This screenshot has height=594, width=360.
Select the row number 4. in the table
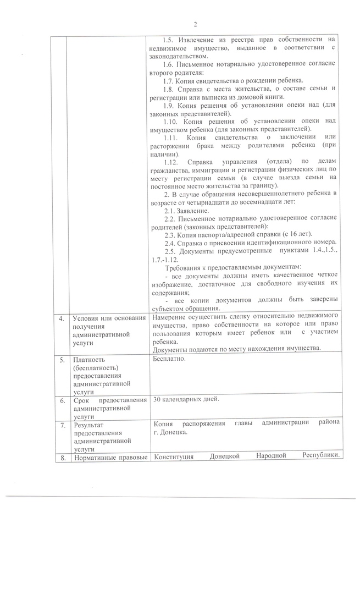coord(61,317)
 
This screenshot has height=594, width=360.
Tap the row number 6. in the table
coord(61,400)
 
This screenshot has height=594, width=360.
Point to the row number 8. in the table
coord(61,457)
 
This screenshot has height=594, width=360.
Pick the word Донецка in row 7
coord(174,432)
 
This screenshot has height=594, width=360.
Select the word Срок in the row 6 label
coord(82,400)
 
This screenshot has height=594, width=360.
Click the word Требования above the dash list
coord(185,267)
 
